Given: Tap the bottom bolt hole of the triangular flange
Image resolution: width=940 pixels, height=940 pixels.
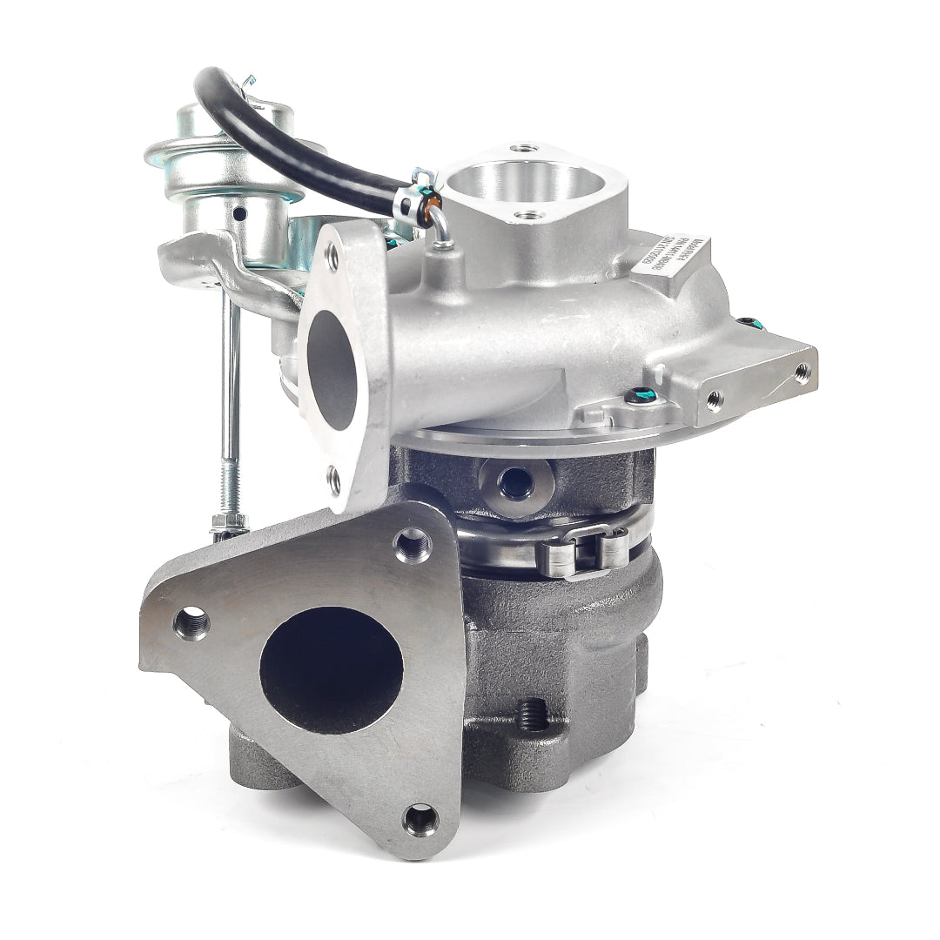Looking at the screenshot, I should point(420,817).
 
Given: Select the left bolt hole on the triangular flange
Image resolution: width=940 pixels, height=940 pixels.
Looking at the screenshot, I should point(191,623).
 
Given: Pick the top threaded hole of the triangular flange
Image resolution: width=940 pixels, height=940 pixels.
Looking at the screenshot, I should point(412,545).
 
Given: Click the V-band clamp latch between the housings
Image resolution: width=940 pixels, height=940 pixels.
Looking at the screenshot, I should point(581,550).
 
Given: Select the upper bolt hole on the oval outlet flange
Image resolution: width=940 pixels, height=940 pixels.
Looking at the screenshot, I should point(332,256).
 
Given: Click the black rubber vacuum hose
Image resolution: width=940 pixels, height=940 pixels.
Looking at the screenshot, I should point(287,148).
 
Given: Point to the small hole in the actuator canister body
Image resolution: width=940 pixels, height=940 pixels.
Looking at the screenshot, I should point(238,212).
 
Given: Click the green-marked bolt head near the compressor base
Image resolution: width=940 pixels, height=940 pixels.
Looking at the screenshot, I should point(641,395).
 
